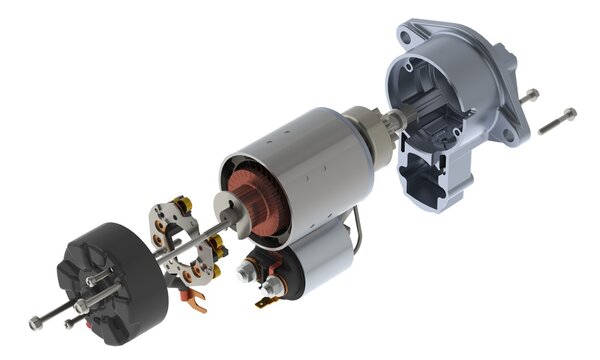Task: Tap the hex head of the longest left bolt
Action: coord(36,322)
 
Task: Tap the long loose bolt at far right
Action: coord(555,122)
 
